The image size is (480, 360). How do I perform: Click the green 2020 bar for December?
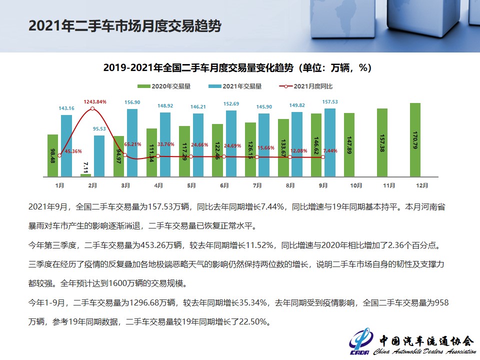[x=415, y=140]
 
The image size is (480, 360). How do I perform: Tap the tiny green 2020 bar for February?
[x=86, y=175]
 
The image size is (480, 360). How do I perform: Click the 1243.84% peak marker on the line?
[x=93, y=108]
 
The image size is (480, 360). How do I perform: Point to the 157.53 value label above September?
[x=329, y=102]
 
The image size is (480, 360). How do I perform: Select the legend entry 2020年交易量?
[x=170, y=86]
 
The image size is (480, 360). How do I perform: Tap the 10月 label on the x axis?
[x=355, y=185]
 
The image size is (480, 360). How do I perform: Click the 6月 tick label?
[x=224, y=185]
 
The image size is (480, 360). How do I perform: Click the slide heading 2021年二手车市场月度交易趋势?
[x=124, y=26]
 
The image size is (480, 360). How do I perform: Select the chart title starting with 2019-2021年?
[x=237, y=67]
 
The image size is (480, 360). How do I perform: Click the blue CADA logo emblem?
[x=359, y=340]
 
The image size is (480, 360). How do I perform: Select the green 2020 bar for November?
[x=382, y=142]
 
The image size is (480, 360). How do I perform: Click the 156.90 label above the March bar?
[x=132, y=102]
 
